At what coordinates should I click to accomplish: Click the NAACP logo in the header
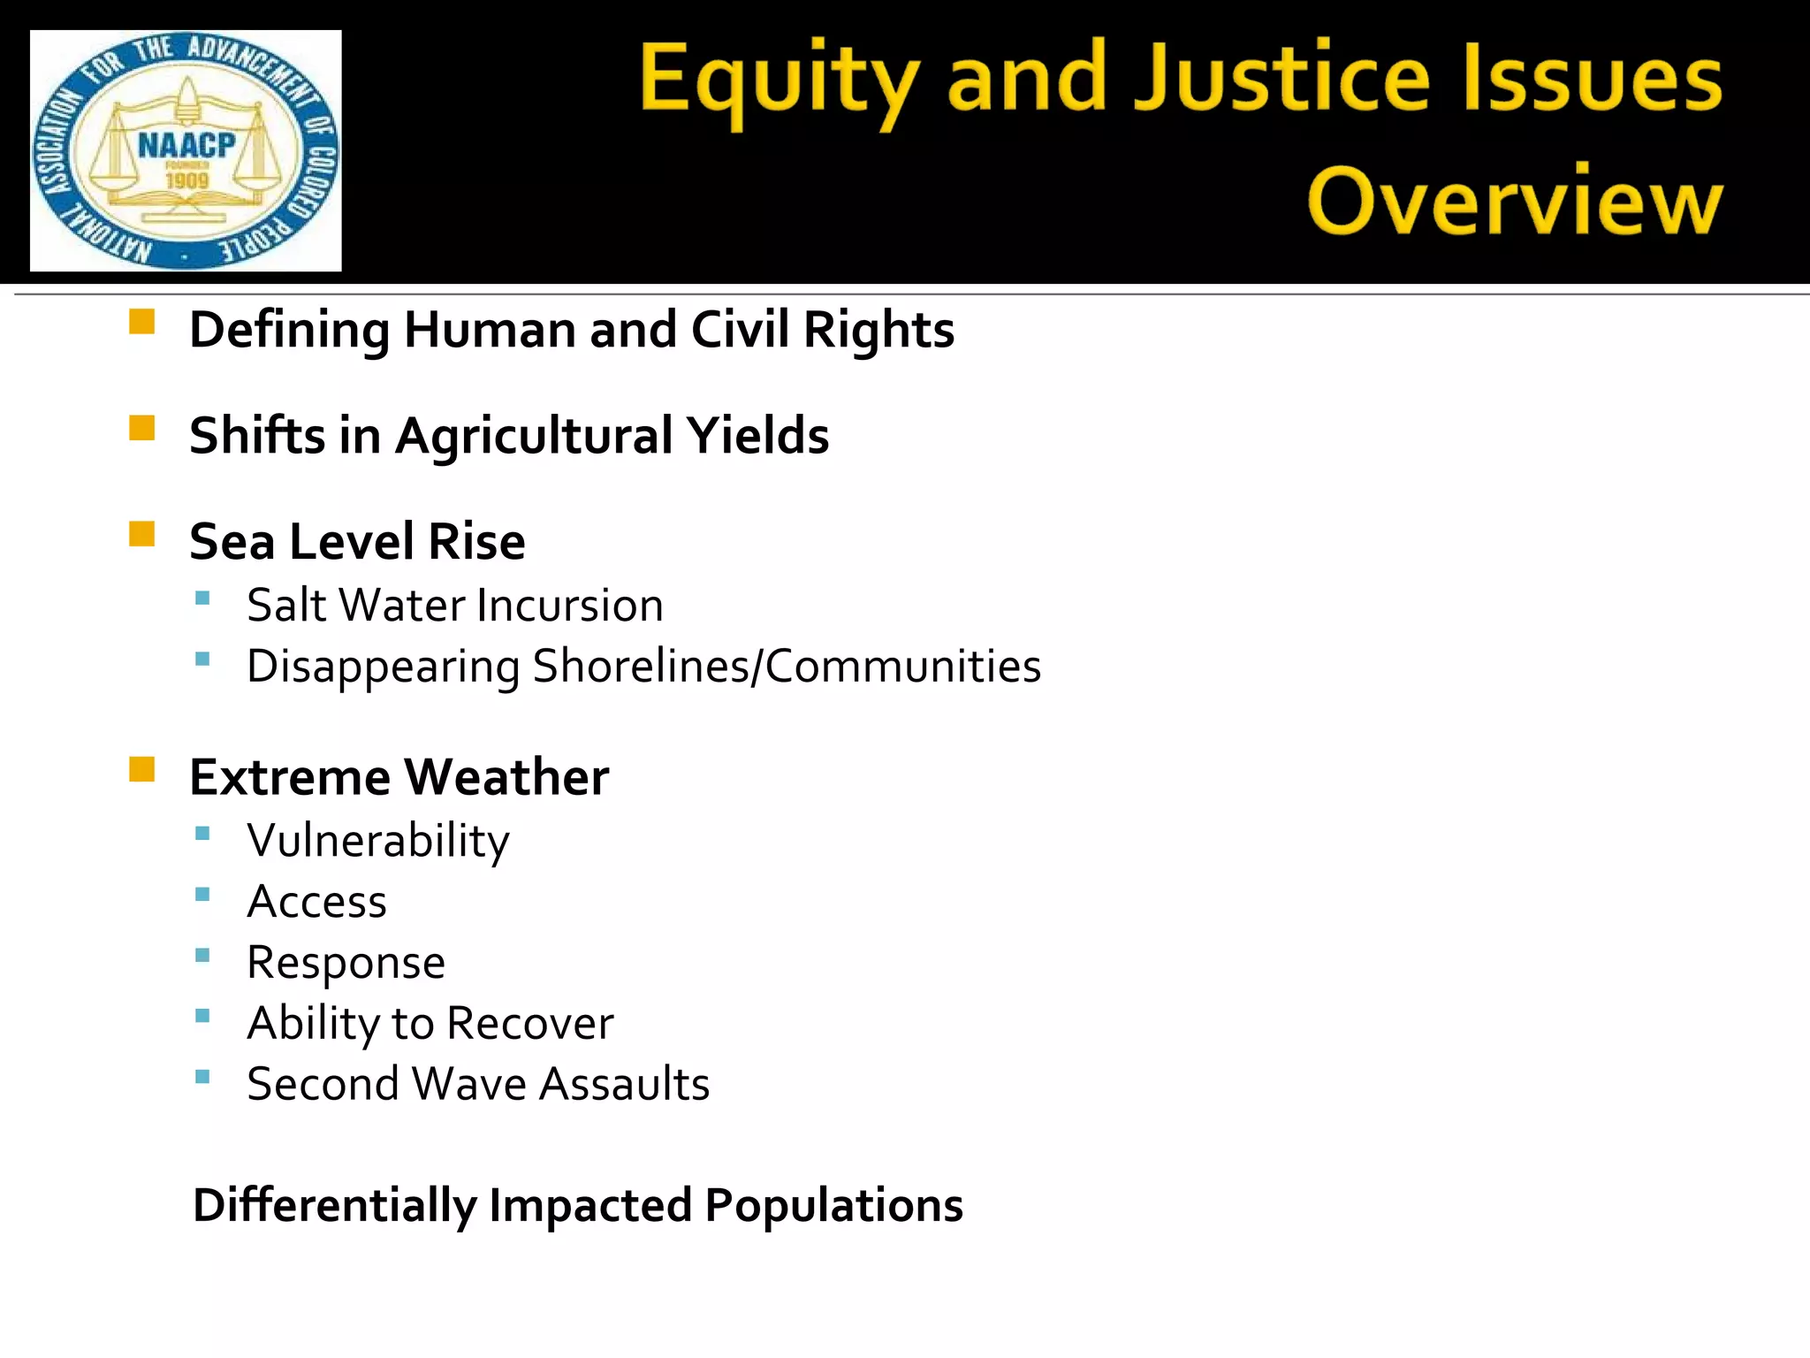pos(186,150)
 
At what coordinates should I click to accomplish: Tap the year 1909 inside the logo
pos(186,181)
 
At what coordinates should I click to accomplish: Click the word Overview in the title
pos(1514,202)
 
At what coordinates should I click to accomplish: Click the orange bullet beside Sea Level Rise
pos(141,534)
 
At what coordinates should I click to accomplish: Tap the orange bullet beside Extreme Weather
pos(141,769)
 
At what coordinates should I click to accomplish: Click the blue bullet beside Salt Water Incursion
pos(202,599)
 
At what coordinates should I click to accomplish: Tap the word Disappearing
pos(383,668)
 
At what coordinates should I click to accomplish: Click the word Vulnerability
pos(378,842)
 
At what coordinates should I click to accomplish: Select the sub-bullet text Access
pos(316,902)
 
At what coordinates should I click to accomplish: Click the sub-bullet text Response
pos(346,964)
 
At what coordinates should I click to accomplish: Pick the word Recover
pos(529,1024)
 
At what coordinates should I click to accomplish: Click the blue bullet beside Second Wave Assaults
pos(202,1077)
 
